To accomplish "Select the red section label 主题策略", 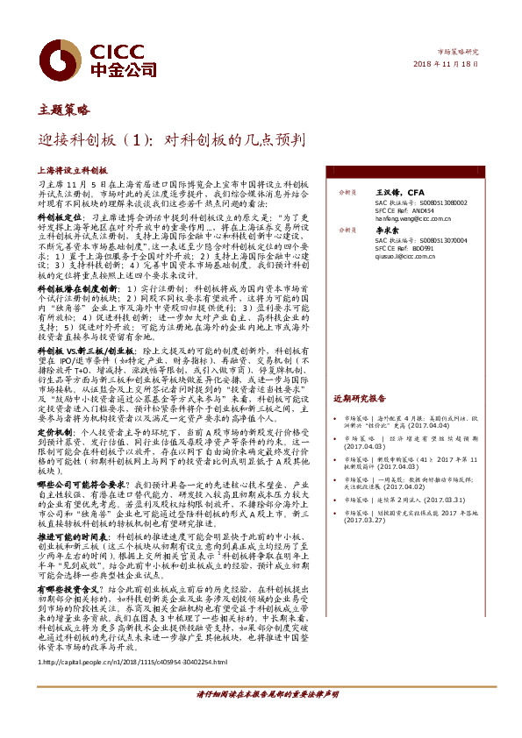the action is pos(64,110).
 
